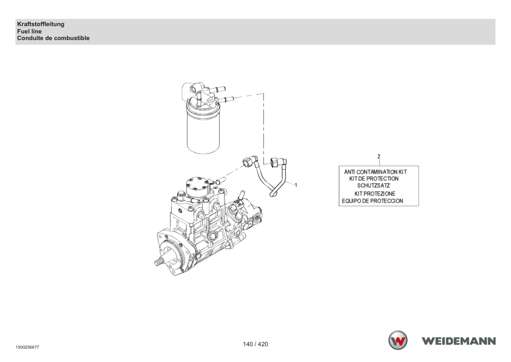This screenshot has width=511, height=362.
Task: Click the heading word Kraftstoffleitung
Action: pyautogui.click(x=41, y=24)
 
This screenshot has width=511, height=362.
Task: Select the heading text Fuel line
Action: pyautogui.click(x=29, y=32)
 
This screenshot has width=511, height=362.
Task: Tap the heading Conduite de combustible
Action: pyautogui.click(x=53, y=38)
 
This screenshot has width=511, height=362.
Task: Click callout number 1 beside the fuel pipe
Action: pyautogui.click(x=296, y=185)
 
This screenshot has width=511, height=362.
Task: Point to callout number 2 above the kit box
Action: pyautogui.click(x=379, y=157)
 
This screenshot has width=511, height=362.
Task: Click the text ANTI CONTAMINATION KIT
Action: pyautogui.click(x=376, y=172)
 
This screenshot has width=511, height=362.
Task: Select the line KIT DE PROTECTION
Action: pyautogui.click(x=374, y=179)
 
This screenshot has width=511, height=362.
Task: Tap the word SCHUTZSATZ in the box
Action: pyautogui.click(x=373, y=186)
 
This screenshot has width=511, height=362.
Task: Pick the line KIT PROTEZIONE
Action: pyautogui.click(x=375, y=194)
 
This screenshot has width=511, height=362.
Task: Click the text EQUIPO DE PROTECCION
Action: pyautogui.click(x=373, y=201)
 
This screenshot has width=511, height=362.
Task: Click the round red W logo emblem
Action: pyautogui.click(x=398, y=340)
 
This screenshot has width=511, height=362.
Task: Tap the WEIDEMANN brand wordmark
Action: pyautogui.click(x=459, y=341)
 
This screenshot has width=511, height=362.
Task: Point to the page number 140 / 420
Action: pyautogui.click(x=255, y=344)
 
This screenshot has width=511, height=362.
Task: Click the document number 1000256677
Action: pyautogui.click(x=27, y=347)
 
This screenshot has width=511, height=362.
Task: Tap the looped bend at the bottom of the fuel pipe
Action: pyautogui.click(x=273, y=194)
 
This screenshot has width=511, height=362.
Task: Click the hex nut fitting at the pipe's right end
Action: pyautogui.click(x=276, y=162)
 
